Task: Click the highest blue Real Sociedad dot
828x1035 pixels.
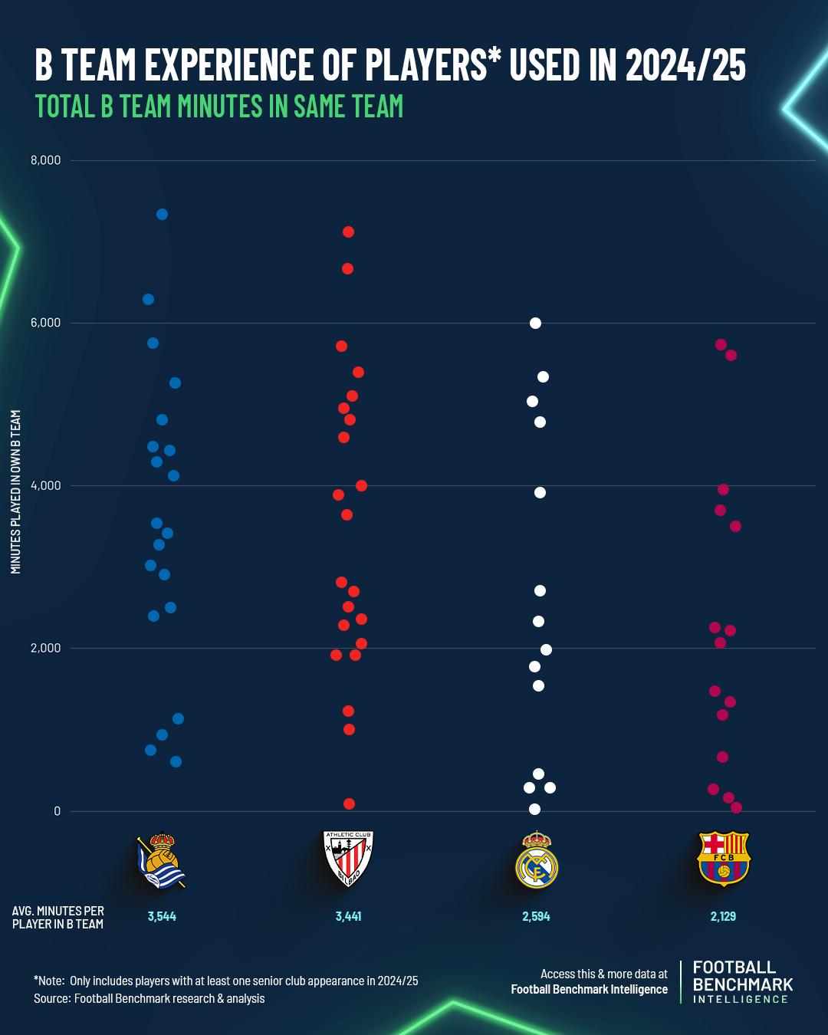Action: coord(162,215)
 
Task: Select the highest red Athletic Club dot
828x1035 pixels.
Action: coord(348,232)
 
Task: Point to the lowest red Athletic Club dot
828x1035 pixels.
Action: coord(349,803)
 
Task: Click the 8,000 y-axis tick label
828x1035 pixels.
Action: coord(45,160)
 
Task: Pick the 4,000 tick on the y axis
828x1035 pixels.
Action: coord(45,485)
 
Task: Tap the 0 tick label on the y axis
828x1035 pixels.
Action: coord(57,811)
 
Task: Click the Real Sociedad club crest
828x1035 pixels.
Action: coord(162,860)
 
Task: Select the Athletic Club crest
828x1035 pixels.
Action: coord(348,859)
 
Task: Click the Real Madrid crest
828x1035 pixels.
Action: coord(537,860)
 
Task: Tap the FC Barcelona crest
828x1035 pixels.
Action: coord(723,859)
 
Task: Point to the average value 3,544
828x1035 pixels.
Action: coord(162,916)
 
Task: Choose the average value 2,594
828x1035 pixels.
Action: coord(536,916)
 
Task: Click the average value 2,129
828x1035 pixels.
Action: coord(723,916)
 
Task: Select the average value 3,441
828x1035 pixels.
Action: coord(348,916)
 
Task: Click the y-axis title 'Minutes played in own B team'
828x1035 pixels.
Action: coord(16,491)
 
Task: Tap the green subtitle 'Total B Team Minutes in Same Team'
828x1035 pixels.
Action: coord(219,107)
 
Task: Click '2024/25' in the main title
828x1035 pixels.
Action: coord(685,65)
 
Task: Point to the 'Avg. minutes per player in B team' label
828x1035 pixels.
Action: coord(58,917)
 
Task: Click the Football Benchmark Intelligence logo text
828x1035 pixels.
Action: coord(742,982)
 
